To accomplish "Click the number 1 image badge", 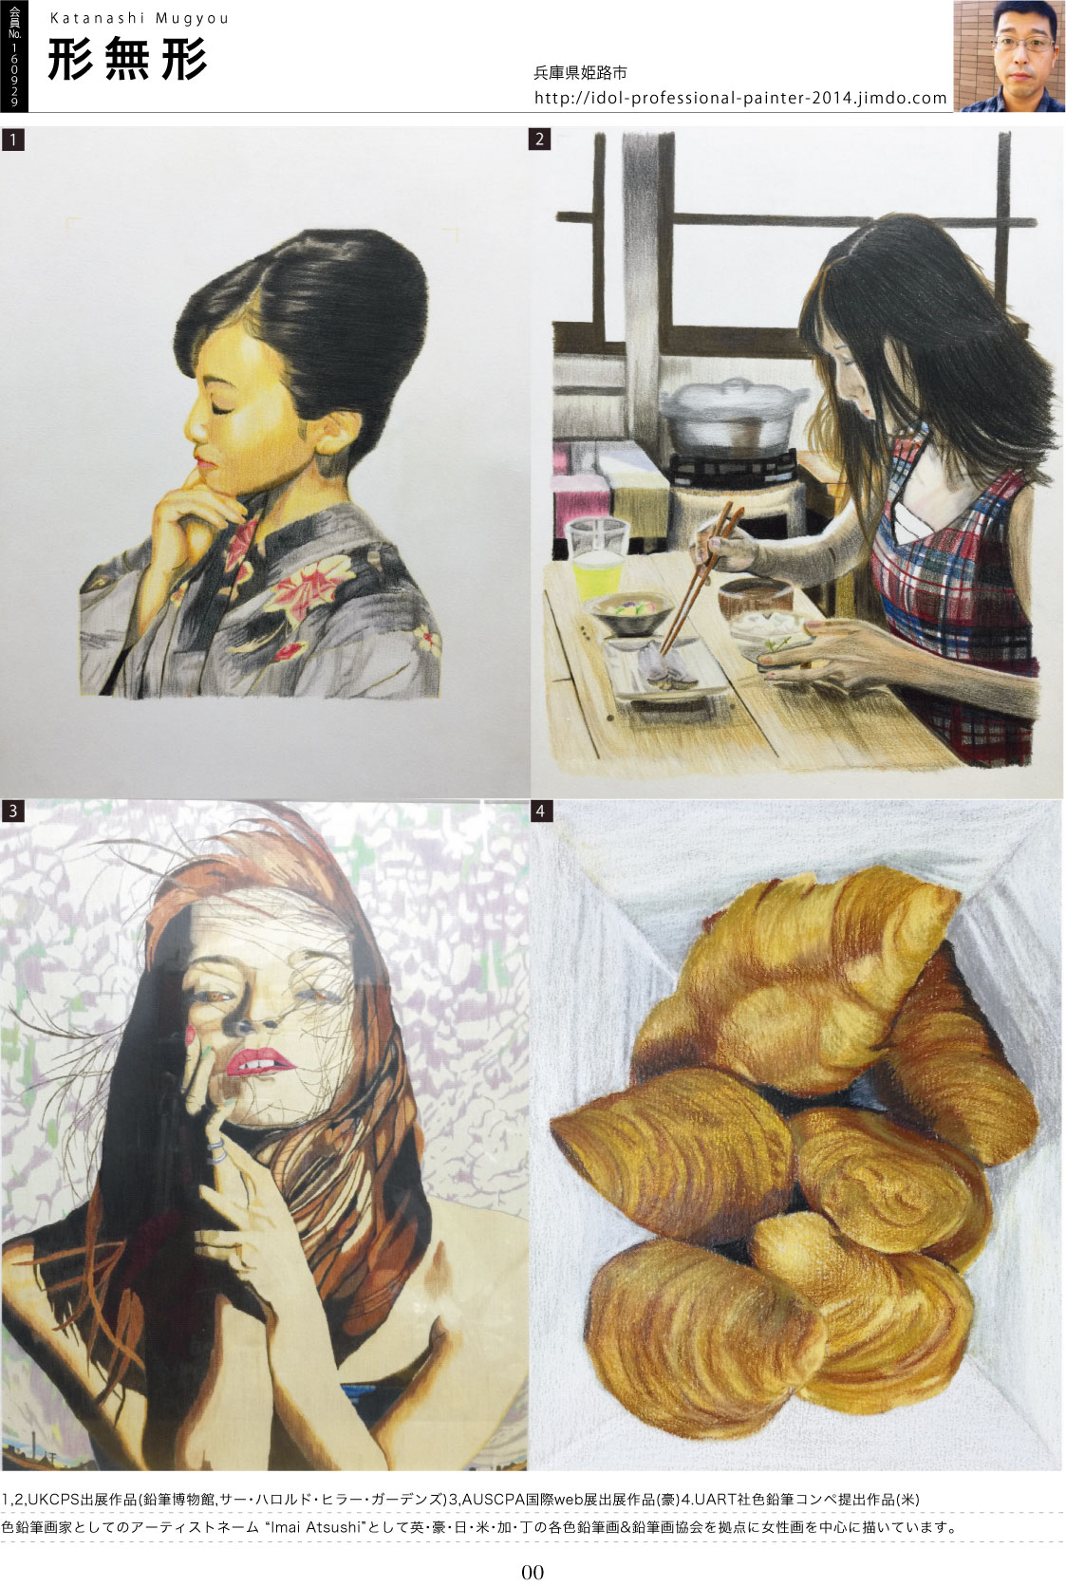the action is tap(12, 140).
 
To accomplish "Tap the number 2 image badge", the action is tap(540, 139).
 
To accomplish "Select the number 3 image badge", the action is tap(12, 812).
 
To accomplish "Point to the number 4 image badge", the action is tap(540, 812).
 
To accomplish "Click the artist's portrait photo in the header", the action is tap(1009, 56).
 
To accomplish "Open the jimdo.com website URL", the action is tap(740, 98).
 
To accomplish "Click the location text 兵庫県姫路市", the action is tap(580, 72).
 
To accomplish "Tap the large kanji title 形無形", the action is tap(127, 59).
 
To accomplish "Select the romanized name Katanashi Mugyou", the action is tap(140, 18).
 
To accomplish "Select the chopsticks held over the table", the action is tap(699, 581).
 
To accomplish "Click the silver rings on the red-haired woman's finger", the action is tap(216, 1152).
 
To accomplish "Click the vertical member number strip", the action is tap(14, 56).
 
